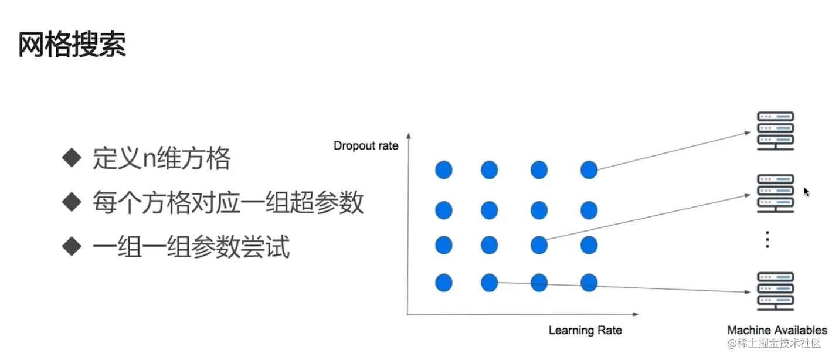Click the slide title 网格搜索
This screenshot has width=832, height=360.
72,45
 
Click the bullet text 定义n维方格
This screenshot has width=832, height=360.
161,158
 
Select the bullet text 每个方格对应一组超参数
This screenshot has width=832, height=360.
227,203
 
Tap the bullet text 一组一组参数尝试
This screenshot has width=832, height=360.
191,247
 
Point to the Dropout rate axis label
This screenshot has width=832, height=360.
365,145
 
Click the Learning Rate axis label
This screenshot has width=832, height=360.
585,330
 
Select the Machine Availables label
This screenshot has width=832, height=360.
776,330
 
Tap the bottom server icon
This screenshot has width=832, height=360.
775,291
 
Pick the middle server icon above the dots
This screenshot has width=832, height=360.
775,193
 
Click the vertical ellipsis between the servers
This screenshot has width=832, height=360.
768,240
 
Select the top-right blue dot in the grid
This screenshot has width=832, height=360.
589,170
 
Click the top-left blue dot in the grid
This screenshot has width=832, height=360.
444,170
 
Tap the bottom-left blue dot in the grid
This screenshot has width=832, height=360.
444,283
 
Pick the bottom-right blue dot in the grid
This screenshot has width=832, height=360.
589,283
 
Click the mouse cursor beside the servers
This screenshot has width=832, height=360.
806,191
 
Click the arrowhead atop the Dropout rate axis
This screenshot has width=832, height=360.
407,136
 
